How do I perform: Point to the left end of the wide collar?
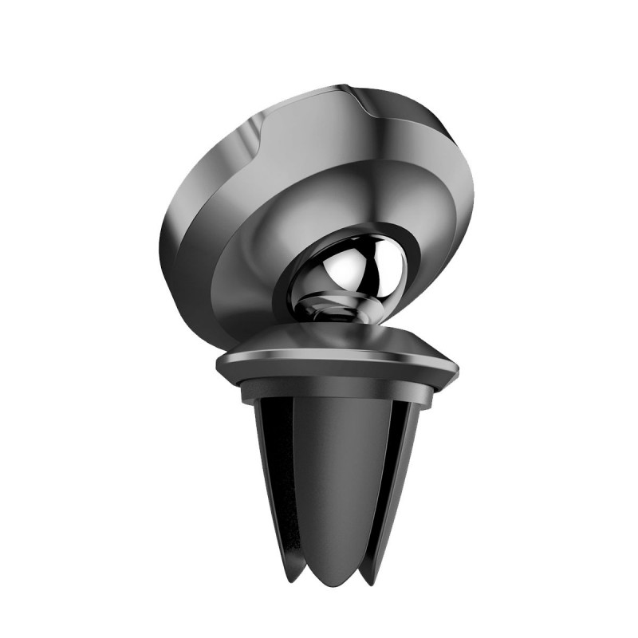pos(219,364)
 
